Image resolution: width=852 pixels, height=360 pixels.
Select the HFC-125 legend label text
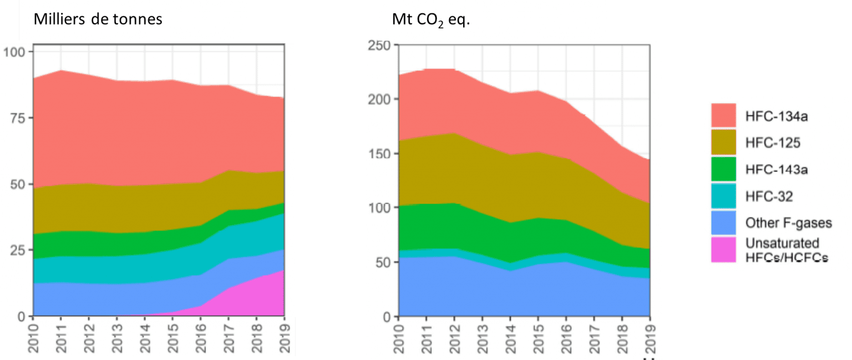pyautogui.click(x=773, y=143)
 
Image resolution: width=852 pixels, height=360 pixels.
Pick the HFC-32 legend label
pyautogui.click(x=769, y=196)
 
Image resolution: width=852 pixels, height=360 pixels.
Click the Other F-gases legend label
pyautogui.click(x=789, y=223)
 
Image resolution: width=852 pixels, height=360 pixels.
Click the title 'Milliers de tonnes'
pyautogui.click(x=98, y=19)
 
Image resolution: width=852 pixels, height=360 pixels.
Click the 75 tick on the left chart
pyautogui.click(x=17, y=118)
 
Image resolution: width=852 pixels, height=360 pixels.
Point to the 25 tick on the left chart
pyautogui.click(x=17, y=250)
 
